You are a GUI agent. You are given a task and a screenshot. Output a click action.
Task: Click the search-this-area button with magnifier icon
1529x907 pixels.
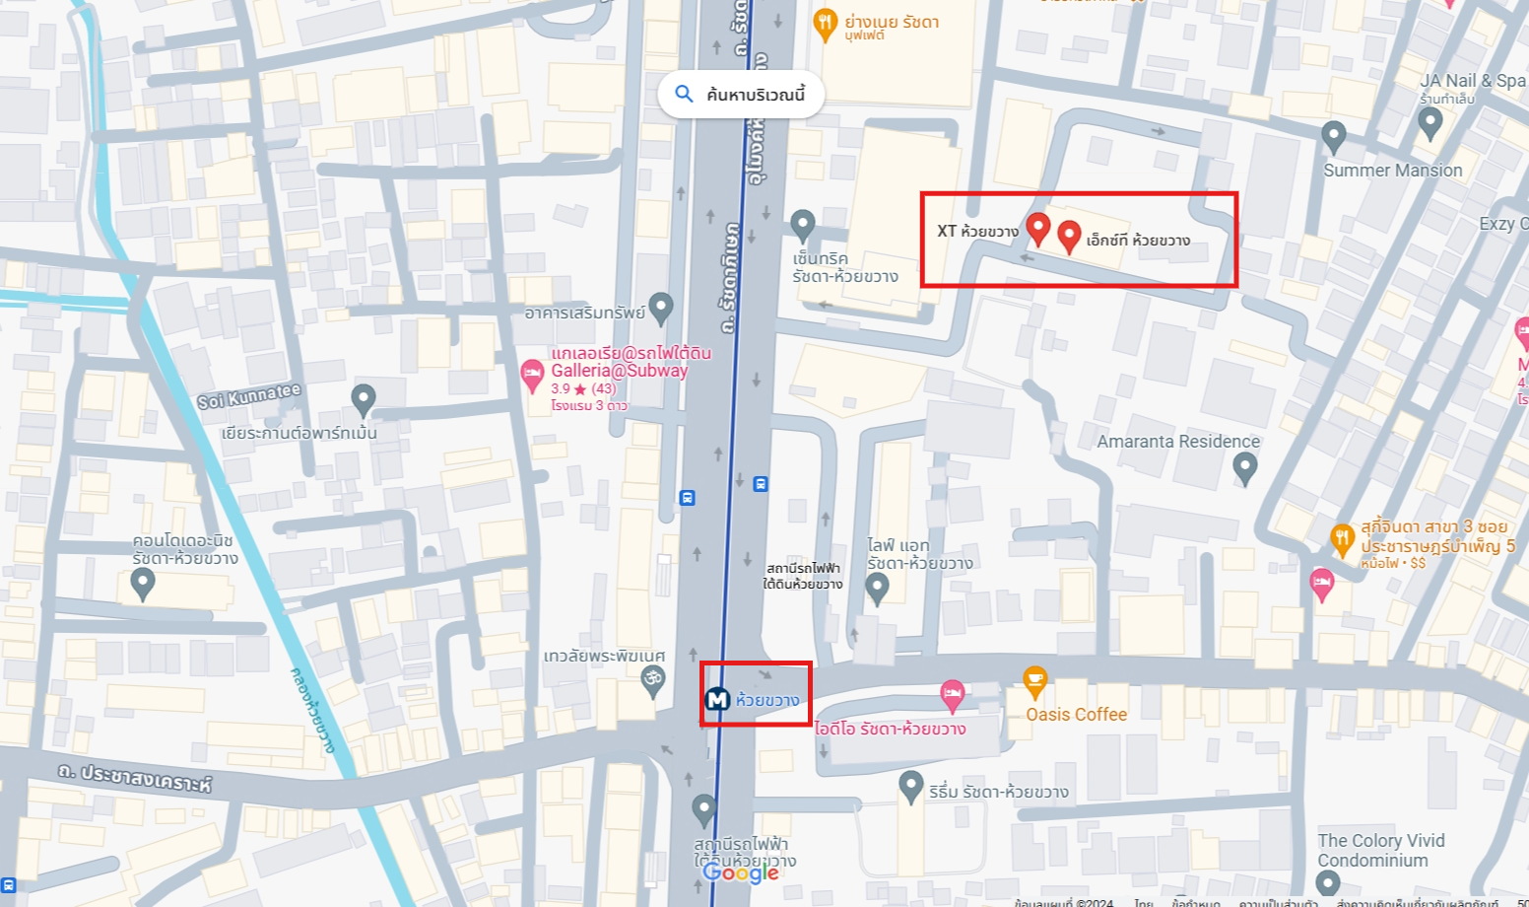pos(741,95)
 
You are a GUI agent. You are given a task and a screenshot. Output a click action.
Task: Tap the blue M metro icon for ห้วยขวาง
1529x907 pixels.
pos(717,699)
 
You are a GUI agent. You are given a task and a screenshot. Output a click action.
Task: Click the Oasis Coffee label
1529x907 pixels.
pos(1076,715)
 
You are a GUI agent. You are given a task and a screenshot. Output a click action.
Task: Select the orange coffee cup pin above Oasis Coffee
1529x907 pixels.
pos(1034,679)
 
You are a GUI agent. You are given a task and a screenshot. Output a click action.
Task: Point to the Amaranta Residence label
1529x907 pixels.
pos(1178,442)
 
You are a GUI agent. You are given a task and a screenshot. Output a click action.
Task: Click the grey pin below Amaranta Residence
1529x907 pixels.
pos(1245,467)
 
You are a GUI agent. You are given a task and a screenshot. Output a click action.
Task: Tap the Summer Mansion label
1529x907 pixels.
pos(1392,171)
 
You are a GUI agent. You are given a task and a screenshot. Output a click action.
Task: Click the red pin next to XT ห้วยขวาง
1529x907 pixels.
pos(1037,228)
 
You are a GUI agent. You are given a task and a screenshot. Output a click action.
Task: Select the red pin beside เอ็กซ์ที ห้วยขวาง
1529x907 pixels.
pos(1069,236)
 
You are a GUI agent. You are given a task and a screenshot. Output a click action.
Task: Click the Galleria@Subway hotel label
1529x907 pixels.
pos(619,371)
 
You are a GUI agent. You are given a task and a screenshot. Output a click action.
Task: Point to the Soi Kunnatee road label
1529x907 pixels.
pos(248,395)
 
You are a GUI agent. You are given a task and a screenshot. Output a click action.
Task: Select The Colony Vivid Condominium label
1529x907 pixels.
pos(1380,850)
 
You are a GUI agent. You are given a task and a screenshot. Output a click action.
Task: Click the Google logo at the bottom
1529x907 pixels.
pos(740,872)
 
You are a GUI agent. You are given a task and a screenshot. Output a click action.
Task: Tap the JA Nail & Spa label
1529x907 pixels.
pos(1472,81)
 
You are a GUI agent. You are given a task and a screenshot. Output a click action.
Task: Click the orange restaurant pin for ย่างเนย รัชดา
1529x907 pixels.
pos(825,23)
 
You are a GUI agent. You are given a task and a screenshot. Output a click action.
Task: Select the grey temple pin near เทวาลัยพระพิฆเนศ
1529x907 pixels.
pos(652,680)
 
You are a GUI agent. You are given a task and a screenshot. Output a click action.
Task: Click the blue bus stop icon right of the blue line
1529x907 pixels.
pos(761,484)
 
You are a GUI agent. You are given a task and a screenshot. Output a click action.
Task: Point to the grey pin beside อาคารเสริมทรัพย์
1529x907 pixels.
pos(661,308)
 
